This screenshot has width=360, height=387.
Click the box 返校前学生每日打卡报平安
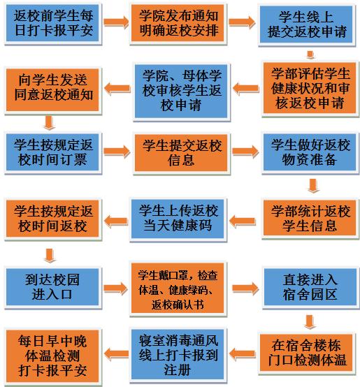click(52, 23)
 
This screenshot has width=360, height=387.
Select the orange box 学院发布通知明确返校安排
click(178, 23)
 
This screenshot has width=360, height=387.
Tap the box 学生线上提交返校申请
click(306, 24)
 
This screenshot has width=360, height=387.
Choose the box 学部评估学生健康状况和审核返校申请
click(310, 88)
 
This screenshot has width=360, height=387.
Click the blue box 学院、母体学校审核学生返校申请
click(181, 91)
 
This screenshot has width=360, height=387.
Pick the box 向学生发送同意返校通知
click(52, 89)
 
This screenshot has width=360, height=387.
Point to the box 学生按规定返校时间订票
click(52, 152)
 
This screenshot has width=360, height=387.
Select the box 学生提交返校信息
click(181, 152)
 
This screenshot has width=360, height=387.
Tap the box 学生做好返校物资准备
click(310, 152)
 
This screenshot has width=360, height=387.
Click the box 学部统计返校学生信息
click(310, 218)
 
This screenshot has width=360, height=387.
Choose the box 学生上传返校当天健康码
click(178, 219)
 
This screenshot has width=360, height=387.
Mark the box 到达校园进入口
click(52, 287)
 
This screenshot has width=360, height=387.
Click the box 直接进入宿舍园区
click(310, 287)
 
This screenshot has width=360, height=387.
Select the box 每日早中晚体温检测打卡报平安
click(52, 356)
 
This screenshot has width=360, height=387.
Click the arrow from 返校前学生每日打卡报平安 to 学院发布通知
click(116, 22)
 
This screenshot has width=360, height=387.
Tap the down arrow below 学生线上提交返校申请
click(310, 54)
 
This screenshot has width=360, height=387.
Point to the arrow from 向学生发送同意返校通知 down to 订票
click(49, 122)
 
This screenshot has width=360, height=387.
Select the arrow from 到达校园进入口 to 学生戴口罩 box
click(115, 289)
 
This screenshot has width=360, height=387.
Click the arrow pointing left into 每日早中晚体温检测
click(117, 353)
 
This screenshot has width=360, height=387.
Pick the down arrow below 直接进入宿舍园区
click(310, 322)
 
